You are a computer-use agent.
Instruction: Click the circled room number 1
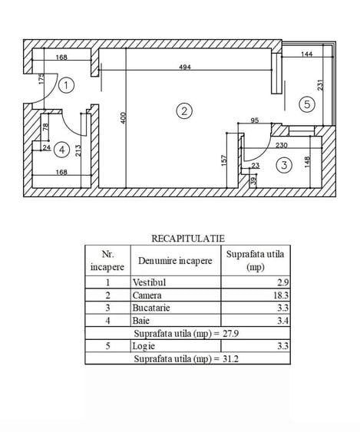tap(67, 85)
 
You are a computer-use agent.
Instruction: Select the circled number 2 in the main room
tap(184, 111)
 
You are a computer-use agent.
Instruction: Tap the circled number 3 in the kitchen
tap(284, 165)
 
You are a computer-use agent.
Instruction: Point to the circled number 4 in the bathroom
tap(61, 150)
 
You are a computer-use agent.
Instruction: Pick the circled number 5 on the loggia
tap(307, 104)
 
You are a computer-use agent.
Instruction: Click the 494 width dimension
tap(185, 67)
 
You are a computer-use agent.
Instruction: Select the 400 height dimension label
tap(124, 118)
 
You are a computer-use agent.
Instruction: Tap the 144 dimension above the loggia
tap(307, 54)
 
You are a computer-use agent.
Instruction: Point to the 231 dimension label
tap(320, 85)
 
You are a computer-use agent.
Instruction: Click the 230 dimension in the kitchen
tap(282, 145)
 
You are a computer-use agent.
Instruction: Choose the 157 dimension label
tap(224, 160)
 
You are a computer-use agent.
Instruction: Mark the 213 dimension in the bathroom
tap(78, 150)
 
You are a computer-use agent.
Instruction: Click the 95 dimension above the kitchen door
tap(255, 120)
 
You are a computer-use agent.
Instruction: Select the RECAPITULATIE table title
tap(188, 239)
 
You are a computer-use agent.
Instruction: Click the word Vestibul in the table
tap(149, 282)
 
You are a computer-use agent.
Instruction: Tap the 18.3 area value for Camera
tap(281, 295)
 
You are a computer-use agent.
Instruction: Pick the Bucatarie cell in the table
tap(151, 308)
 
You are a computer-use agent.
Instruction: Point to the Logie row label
tap(144, 346)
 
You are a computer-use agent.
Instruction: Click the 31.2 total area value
tap(230, 358)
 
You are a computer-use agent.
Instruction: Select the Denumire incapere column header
tap(175, 261)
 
